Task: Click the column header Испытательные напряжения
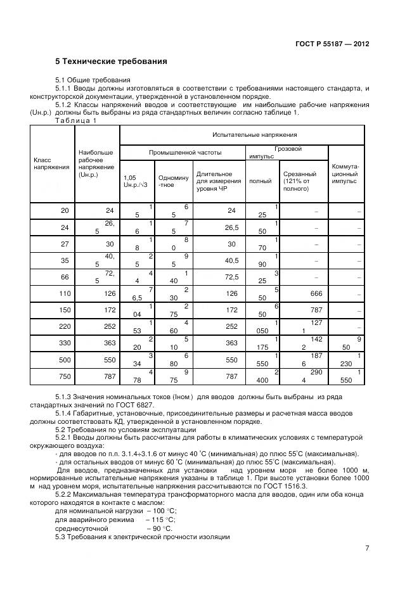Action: tap(242, 134)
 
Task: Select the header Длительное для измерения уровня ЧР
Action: tap(214, 181)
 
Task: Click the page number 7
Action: tap(367, 548)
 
